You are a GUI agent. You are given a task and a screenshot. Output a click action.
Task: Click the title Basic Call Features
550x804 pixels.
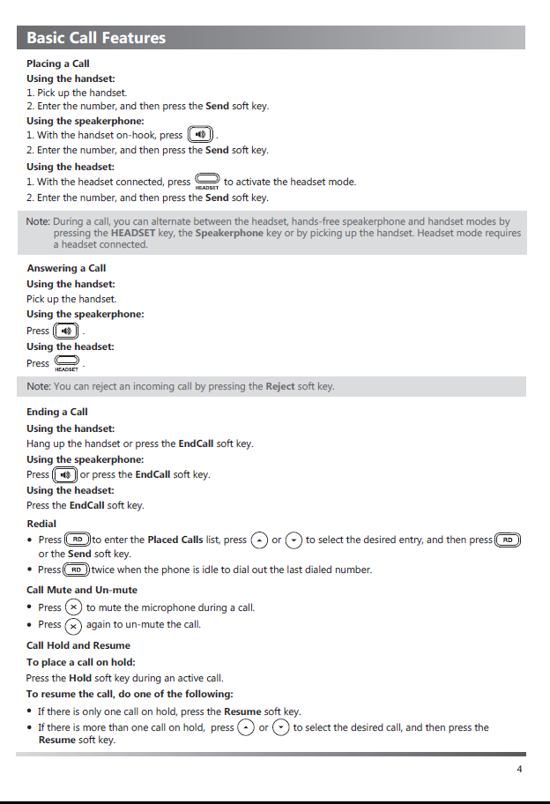[x=96, y=38]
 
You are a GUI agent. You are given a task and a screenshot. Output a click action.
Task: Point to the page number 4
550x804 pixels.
[x=520, y=769]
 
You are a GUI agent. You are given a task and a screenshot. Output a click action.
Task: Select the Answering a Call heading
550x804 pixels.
[x=66, y=268]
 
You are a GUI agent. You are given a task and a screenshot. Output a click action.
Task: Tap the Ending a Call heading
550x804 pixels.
[x=57, y=412]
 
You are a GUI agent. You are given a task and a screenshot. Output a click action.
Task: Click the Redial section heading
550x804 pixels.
[x=41, y=524]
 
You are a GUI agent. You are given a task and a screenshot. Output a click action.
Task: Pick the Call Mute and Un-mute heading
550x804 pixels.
[x=82, y=590]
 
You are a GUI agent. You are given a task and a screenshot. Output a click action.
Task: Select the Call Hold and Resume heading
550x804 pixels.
[x=78, y=645]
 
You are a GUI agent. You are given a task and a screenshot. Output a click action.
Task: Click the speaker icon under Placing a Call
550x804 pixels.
[x=201, y=135]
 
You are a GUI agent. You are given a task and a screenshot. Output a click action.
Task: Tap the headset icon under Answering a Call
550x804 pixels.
[x=67, y=362]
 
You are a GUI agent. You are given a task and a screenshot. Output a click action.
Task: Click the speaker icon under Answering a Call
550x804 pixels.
[x=66, y=331]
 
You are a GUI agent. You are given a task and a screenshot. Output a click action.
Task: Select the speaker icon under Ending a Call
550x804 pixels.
[x=65, y=474]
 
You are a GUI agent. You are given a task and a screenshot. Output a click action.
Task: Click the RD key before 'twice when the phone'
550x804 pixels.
[x=78, y=569]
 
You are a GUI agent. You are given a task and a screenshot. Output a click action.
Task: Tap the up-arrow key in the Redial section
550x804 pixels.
[x=259, y=540]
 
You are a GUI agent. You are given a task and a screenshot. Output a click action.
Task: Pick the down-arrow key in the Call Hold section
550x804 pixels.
[x=281, y=727]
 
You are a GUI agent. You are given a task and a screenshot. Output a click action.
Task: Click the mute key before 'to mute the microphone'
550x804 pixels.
[x=74, y=607]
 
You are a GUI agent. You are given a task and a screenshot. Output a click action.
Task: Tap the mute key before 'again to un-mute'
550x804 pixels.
[x=74, y=625]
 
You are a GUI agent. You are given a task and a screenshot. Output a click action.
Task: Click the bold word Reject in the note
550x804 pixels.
[x=280, y=386]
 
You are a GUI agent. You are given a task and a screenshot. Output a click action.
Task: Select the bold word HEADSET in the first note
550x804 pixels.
[x=134, y=234]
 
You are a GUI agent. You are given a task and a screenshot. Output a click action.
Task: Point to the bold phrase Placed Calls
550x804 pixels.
[x=175, y=540]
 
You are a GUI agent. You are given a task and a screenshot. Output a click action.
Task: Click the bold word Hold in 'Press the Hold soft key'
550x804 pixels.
[x=80, y=678]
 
